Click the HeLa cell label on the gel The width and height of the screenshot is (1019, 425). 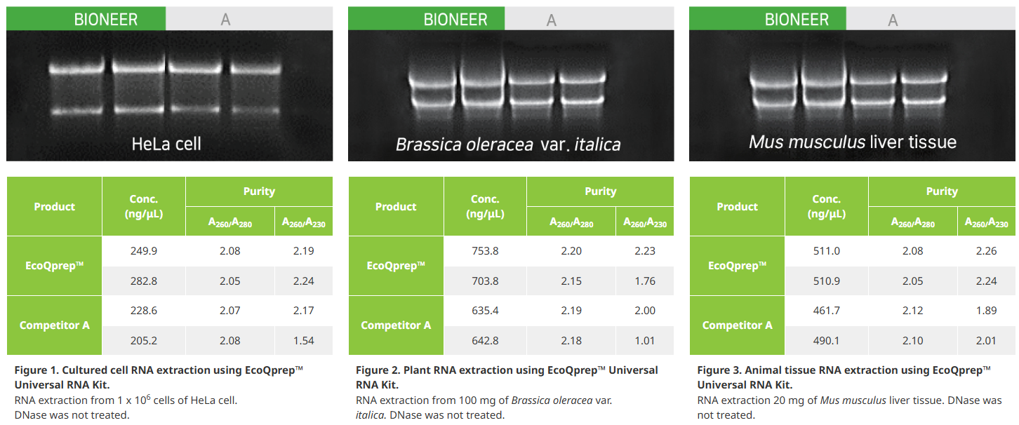tap(166, 144)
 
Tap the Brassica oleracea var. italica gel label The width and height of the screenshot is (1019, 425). tap(507, 144)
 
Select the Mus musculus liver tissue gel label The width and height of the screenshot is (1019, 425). tap(853, 142)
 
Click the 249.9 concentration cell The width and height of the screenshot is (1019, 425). tap(144, 251)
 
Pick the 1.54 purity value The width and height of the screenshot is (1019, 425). tap(303, 340)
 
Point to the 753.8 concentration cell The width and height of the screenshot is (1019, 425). tap(485, 251)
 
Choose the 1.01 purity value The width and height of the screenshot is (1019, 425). tap(645, 340)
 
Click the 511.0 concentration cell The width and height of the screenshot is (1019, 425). tap(827, 251)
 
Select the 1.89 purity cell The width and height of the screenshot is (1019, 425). tap(986, 311)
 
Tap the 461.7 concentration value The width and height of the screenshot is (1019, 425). tap(827, 311)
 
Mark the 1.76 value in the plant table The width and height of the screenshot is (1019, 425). tap(645, 281)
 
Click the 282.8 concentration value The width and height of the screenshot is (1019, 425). tap(144, 281)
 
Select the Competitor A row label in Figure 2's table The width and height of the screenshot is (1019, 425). tap(396, 325)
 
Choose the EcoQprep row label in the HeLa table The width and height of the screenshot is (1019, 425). tap(54, 266)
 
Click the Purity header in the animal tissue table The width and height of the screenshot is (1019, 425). tap(942, 191)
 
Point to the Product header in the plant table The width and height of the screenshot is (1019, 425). tap(396, 207)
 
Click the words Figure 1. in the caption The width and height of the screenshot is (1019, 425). tap(36, 370)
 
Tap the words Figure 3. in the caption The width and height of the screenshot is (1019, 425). tap(719, 370)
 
